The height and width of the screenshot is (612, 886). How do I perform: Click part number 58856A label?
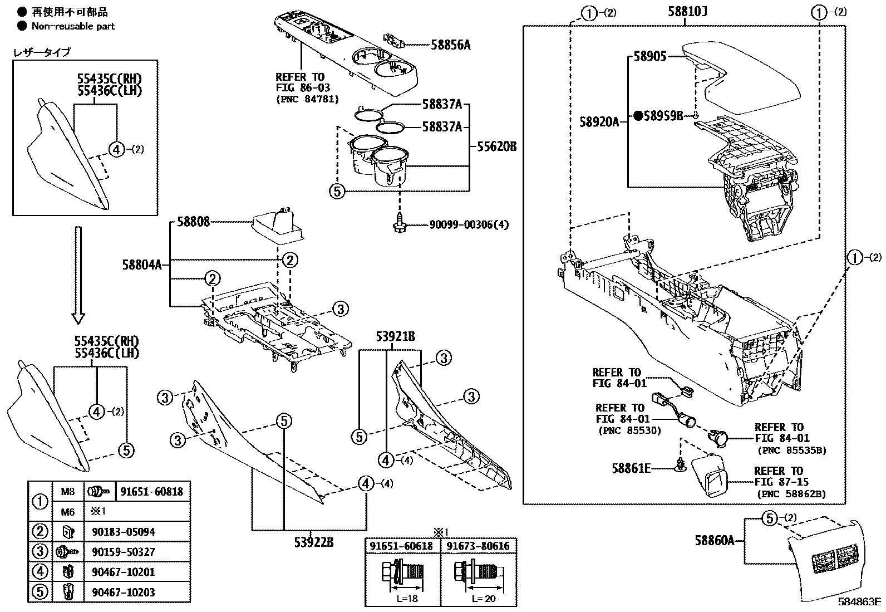pyautogui.click(x=450, y=45)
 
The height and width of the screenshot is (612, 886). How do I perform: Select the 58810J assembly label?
pyautogui.click(x=687, y=12)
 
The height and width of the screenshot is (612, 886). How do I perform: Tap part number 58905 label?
pyautogui.click(x=650, y=57)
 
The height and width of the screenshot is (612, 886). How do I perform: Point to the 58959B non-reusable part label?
pyautogui.click(x=662, y=116)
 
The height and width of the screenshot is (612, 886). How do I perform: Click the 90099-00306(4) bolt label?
pyautogui.click(x=469, y=225)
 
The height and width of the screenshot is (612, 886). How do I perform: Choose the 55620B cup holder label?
pyautogui.click(x=496, y=147)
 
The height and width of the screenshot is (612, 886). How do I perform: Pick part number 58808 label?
pyautogui.click(x=193, y=222)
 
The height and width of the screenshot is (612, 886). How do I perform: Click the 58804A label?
pyautogui.click(x=142, y=265)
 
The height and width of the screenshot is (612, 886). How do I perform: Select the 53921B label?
pyautogui.click(x=395, y=336)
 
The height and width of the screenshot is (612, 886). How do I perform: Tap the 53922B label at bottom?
pyautogui.click(x=314, y=541)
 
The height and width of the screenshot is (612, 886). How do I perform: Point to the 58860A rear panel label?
pyautogui.click(x=715, y=539)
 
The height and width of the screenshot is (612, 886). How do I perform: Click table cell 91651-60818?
pyautogui.click(x=151, y=492)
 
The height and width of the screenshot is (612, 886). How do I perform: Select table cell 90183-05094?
pyautogui.click(x=124, y=532)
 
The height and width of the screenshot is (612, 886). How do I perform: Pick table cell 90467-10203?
pyautogui.click(x=124, y=593)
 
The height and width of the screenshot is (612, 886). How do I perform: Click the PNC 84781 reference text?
pyautogui.click(x=307, y=100)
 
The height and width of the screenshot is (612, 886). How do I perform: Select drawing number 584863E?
pyautogui.click(x=860, y=601)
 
